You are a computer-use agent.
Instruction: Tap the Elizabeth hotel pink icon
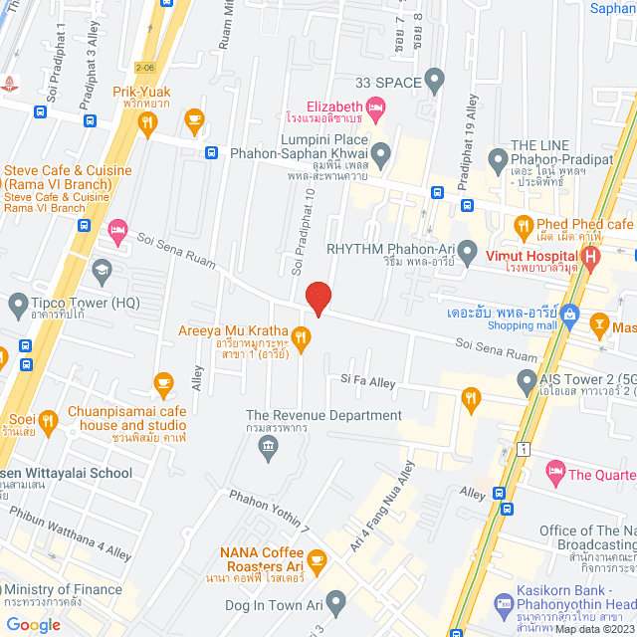tap(375, 106)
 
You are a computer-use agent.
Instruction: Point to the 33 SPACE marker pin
tap(433, 79)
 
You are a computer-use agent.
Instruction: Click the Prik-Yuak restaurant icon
tap(147, 123)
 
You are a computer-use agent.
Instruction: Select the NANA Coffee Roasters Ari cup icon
tap(318, 561)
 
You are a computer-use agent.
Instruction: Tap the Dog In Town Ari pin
tap(336, 601)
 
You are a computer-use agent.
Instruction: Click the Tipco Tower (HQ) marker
tap(18, 303)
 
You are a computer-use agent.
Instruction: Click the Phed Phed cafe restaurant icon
tap(522, 224)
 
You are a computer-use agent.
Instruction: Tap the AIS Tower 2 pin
tap(527, 379)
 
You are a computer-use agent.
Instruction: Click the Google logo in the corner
tap(33, 624)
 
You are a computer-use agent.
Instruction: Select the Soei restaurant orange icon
tap(47, 421)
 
